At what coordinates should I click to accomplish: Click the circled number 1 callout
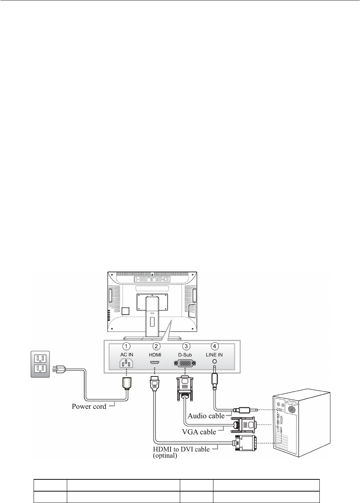click(127, 346)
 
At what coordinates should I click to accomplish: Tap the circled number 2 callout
click(157, 346)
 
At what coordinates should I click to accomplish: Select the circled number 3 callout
click(187, 346)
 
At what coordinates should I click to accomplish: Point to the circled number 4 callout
click(215, 346)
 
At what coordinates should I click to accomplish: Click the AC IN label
click(127, 355)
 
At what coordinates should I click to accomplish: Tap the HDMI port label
click(155, 355)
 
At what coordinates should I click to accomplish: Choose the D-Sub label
click(185, 355)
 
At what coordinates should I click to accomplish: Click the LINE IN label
click(214, 355)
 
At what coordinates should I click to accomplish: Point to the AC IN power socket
click(126, 364)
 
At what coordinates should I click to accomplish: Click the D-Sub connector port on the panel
click(184, 364)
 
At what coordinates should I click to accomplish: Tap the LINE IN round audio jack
click(214, 363)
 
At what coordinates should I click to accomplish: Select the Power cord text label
click(89, 407)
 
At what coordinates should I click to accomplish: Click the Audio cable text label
click(206, 416)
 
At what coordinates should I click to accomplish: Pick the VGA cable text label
click(199, 431)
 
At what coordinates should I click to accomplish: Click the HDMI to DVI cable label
click(181, 449)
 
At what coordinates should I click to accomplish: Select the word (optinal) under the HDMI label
click(165, 455)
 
